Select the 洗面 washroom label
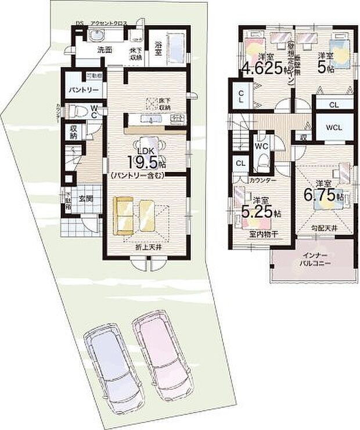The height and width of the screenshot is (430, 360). tap(105, 50)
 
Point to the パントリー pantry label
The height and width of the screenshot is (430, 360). tap(85, 91)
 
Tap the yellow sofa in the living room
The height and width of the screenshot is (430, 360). tap(134, 215)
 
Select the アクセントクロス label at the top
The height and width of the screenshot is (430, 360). tap(109, 24)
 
